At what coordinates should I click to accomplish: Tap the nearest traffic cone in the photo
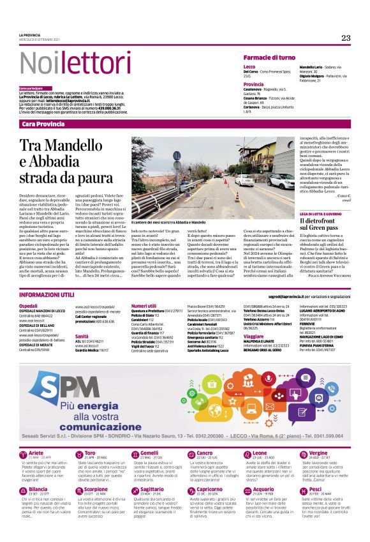[x=237, y=197]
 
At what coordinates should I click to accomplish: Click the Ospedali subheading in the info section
[x=28, y=306]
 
